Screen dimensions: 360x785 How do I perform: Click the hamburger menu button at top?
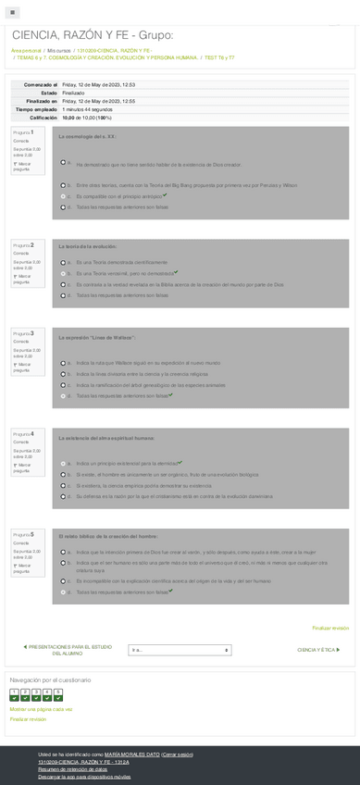(16, 12)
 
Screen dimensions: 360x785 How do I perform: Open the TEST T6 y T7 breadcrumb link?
(218, 57)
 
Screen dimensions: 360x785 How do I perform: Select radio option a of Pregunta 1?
(63, 162)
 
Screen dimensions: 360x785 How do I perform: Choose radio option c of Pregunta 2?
(63, 285)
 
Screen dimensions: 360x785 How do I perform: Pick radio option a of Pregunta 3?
(63, 362)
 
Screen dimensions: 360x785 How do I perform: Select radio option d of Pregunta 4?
(63, 496)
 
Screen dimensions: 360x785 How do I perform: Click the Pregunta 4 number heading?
(23, 433)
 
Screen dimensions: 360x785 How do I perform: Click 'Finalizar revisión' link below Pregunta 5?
(330, 628)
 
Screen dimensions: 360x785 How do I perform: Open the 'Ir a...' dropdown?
(180, 650)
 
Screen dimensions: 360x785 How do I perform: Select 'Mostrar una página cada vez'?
(41, 709)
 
